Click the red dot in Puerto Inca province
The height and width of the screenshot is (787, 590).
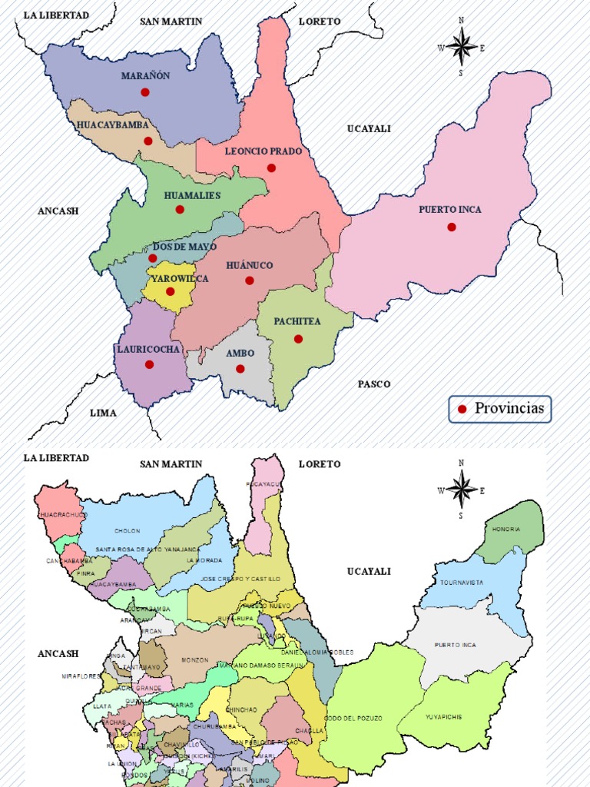[x=452, y=227]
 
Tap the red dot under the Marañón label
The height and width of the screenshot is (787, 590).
[x=145, y=92]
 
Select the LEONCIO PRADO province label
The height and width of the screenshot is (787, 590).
[x=264, y=151]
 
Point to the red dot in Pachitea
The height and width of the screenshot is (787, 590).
[x=298, y=339]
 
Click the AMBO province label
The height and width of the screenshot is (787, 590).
[x=240, y=354]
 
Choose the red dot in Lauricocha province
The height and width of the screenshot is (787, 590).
[x=149, y=364]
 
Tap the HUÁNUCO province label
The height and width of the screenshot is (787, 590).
[x=250, y=265]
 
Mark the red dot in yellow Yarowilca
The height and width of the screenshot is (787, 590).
[x=171, y=291]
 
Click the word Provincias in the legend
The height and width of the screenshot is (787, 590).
[x=509, y=408]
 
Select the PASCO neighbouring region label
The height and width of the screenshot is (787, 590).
[x=374, y=384]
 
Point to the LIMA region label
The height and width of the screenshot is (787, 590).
[x=104, y=413]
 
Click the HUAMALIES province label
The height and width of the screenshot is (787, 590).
[x=192, y=195]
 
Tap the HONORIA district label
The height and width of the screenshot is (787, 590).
[x=507, y=530]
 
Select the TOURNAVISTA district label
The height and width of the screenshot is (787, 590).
[x=462, y=583]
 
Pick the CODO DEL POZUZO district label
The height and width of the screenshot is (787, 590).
[x=353, y=718]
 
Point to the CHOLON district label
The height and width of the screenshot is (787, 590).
[x=128, y=531]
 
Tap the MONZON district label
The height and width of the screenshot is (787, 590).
[x=194, y=660]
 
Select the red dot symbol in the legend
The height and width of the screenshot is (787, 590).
[x=462, y=409]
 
